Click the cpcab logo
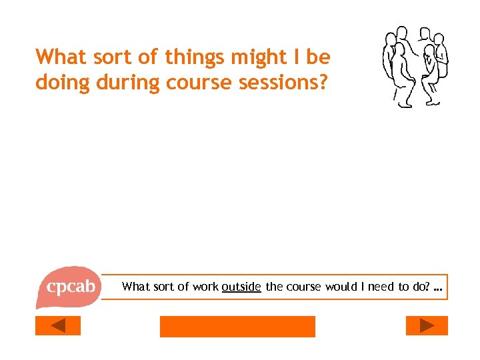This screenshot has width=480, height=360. [x=69, y=287]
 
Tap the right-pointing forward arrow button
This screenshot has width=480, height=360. [x=427, y=325]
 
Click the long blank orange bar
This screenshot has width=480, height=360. [x=237, y=326]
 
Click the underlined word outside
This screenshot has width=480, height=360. [x=241, y=287]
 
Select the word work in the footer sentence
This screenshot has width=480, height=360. [x=205, y=287]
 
